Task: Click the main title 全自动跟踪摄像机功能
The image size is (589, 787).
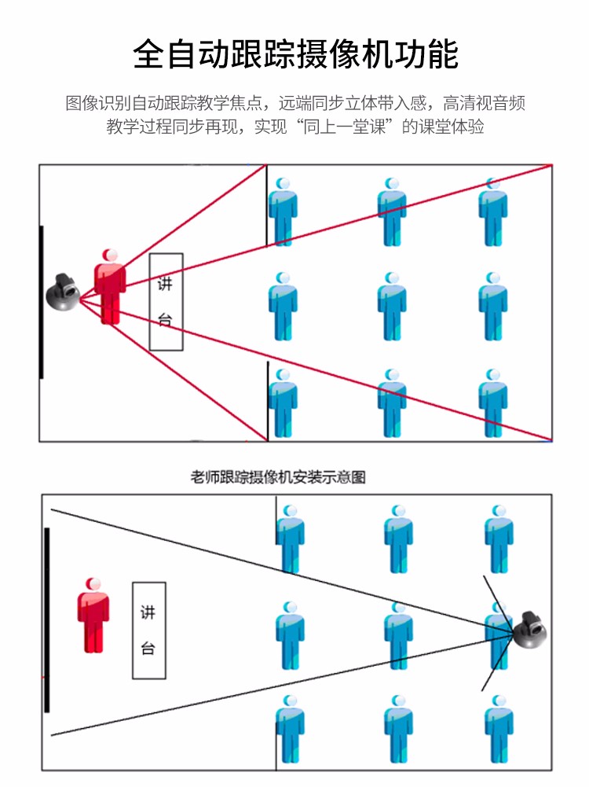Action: tap(294, 54)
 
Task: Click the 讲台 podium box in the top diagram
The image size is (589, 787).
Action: tap(166, 302)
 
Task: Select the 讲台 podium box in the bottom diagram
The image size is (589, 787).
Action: tap(148, 631)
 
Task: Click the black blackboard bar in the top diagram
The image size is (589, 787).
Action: tap(42, 302)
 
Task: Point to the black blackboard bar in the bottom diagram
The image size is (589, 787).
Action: tap(47, 620)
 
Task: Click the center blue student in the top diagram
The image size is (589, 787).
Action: tap(391, 307)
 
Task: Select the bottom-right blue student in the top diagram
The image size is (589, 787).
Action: tap(493, 403)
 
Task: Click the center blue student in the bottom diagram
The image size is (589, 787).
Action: tap(399, 635)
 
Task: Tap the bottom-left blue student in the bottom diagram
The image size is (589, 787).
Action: tap(290, 729)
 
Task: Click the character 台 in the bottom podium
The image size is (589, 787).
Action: tap(148, 649)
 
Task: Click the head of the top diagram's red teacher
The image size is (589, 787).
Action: tap(111, 256)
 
